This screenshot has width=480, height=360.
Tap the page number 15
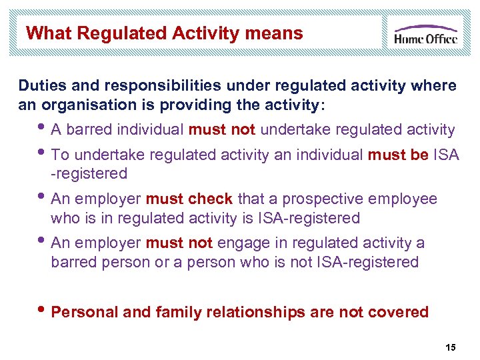click(x=451, y=347)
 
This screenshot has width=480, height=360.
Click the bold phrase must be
click(x=398, y=155)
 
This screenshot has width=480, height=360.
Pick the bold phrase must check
click(x=189, y=199)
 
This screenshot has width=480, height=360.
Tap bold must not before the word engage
click(x=179, y=243)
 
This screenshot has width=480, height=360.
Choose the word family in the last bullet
click(x=166, y=312)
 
